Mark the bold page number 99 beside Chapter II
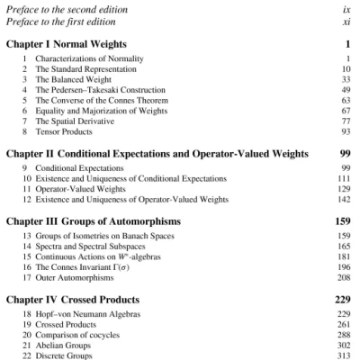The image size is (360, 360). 345,154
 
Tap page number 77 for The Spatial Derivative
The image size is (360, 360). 345,123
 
